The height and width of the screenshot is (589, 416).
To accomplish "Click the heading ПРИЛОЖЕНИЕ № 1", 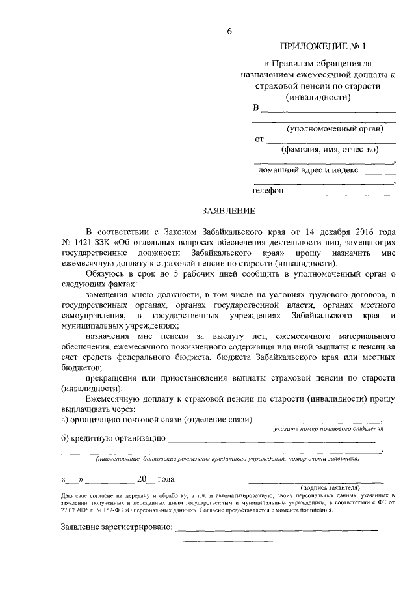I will pyautogui.click(x=323, y=47).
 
